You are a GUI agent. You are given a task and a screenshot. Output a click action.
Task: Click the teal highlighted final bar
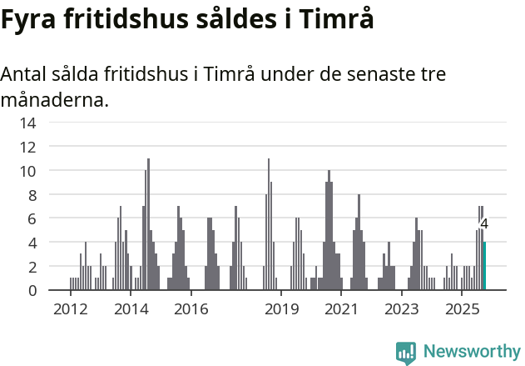pyautogui.click(x=484, y=266)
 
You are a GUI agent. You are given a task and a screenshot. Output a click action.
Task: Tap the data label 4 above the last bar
pyautogui.click(x=484, y=224)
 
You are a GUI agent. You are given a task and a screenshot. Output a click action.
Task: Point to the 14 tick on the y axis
pyautogui.click(x=27, y=123)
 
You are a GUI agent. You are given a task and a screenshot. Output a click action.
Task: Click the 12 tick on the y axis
pyautogui.click(x=27, y=147)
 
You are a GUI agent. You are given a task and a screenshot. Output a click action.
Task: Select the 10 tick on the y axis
pyautogui.click(x=27, y=171)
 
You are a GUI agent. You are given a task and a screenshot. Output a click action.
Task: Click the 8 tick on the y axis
pyautogui.click(x=31, y=195)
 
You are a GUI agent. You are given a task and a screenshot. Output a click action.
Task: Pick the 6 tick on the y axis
pyautogui.click(x=31, y=218)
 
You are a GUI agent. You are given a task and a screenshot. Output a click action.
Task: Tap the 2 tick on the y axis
pyautogui.click(x=31, y=267)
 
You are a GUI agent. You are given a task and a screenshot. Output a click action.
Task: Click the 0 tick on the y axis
pyautogui.click(x=31, y=291)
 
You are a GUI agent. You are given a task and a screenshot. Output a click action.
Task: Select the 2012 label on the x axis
pyautogui.click(x=70, y=310)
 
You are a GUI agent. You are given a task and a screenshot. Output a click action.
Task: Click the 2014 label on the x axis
pyautogui.click(x=131, y=310)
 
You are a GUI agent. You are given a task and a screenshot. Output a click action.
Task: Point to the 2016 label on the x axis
pyautogui.click(x=191, y=310)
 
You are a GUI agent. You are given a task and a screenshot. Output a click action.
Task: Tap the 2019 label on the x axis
pyautogui.click(x=282, y=310)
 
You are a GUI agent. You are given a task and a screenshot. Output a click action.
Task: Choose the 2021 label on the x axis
pyautogui.click(x=342, y=310)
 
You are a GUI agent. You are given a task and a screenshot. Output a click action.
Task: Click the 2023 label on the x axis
pyautogui.click(x=402, y=310)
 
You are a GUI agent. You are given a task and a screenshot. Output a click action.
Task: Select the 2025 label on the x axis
pyautogui.click(x=463, y=310)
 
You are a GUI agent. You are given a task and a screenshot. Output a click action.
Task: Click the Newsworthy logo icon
pyautogui.click(x=406, y=352)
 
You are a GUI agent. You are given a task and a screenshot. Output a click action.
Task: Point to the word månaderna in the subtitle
pyautogui.click(x=54, y=101)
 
